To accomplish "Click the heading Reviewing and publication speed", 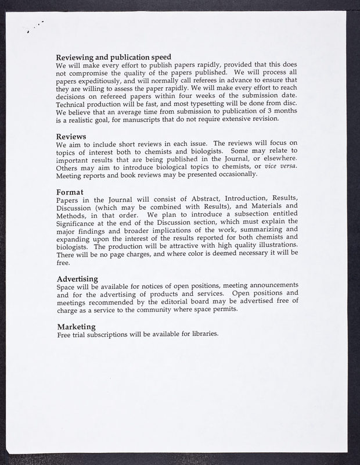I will coord(113,58).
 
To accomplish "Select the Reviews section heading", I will coord(72,136).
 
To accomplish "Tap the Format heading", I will coord(70,192).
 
